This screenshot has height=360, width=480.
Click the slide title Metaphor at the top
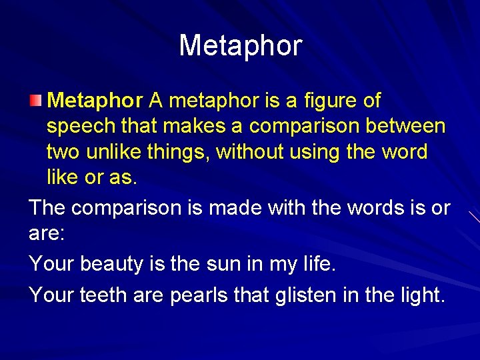tap(240, 46)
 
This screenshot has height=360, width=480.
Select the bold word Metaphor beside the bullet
tap(95, 101)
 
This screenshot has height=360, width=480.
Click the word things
tap(180, 152)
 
